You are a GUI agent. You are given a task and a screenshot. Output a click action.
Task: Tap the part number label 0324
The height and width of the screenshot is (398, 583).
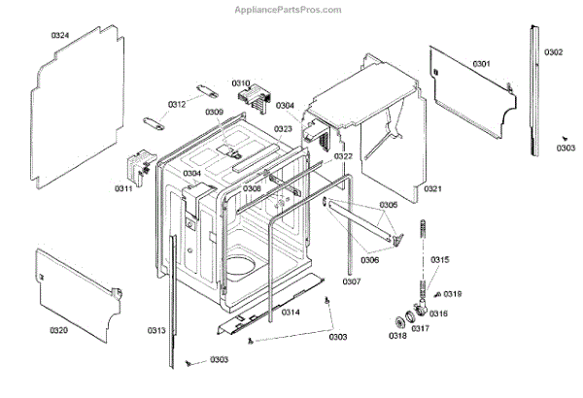pos(60,36)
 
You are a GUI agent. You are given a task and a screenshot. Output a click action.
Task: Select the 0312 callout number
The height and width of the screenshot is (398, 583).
pos(176,104)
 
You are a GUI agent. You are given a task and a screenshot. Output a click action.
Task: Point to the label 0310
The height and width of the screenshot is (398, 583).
pos(241,83)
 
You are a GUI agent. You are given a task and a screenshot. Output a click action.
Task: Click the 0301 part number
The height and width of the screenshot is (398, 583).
pos(481,64)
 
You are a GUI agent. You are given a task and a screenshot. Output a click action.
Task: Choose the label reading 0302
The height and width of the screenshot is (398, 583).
pos(553,51)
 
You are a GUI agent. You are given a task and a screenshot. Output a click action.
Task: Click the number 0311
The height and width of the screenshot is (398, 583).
pos(123,188)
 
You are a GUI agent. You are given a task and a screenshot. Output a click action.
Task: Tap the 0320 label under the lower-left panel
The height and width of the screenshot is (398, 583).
pos(59,331)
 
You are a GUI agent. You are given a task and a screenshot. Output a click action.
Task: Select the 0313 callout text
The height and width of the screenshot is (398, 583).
pos(157,331)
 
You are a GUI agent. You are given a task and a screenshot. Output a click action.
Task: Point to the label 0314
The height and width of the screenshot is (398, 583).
pos(291,312)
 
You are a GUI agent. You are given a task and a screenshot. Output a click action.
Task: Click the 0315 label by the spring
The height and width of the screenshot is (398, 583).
pos(440,259)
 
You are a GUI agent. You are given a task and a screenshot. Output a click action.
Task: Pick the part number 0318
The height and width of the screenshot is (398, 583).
pos(397,336)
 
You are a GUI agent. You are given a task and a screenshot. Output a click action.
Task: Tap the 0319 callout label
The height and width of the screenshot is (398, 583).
pos(453,294)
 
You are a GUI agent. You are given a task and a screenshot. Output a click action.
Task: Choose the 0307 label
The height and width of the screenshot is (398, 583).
pos(352,282)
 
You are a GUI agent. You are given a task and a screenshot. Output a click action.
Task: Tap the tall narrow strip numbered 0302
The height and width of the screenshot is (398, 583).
pos(532,87)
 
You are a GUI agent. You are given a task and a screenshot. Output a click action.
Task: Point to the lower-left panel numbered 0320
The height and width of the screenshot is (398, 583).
pos(78,286)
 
